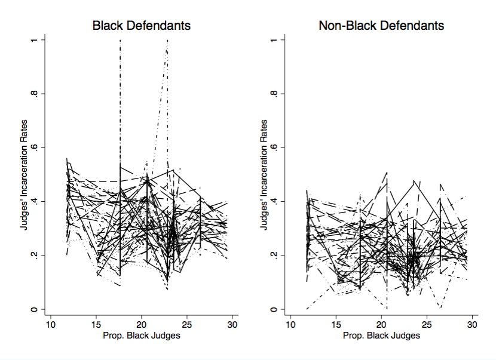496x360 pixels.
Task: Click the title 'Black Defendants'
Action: click(x=141, y=26)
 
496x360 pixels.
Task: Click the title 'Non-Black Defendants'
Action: click(x=381, y=26)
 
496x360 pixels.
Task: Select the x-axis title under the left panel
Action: click(x=141, y=336)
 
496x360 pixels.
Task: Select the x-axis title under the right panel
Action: click(x=381, y=336)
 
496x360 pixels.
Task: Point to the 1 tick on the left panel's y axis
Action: click(x=36, y=40)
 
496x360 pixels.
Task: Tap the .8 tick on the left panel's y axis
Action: click(x=36, y=94)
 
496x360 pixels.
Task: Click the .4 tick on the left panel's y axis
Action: click(x=36, y=201)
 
